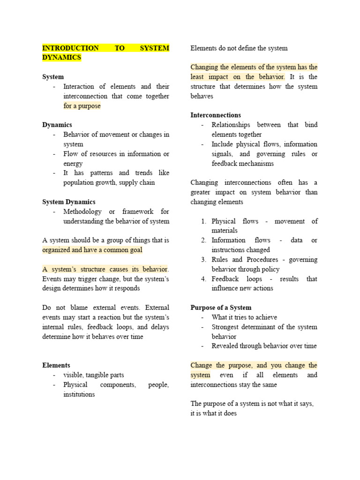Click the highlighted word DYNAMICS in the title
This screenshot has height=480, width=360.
click(61, 58)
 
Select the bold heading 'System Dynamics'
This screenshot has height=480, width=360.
click(68, 202)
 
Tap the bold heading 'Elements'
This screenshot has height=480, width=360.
click(56, 365)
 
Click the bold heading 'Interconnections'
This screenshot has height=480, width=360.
click(216, 115)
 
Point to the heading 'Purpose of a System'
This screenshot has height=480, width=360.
click(221, 308)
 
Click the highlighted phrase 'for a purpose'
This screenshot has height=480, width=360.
click(82, 106)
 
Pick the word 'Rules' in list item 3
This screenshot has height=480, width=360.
click(220, 260)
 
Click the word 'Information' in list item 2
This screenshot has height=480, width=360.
click(228, 240)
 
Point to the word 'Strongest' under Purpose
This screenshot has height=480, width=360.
click(225, 327)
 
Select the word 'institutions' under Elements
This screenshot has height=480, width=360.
click(79, 394)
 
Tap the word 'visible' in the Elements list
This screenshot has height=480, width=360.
click(74, 375)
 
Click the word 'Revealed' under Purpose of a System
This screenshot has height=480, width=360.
click(225, 346)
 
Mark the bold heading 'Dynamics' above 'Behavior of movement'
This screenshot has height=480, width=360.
click(57, 125)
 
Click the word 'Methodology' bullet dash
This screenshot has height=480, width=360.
click(55, 211)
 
